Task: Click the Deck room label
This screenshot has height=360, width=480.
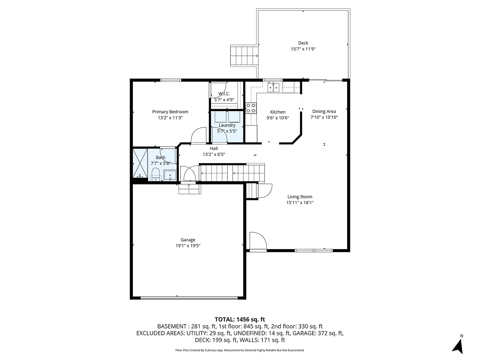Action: (x=303, y=43)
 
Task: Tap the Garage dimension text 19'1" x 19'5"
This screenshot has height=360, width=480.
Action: (x=188, y=246)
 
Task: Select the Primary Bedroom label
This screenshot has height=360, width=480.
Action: (x=170, y=112)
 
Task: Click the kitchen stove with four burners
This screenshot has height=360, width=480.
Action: (x=251, y=108)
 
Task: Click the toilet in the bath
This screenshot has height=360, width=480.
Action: (x=155, y=174)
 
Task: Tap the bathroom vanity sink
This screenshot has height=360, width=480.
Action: (x=170, y=175)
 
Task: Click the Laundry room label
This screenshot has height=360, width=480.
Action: (x=227, y=125)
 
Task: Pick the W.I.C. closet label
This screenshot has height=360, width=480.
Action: (x=224, y=94)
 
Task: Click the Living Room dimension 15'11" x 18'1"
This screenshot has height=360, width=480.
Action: (x=300, y=202)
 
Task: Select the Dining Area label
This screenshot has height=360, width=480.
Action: (x=324, y=112)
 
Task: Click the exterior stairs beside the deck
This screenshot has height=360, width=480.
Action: (x=244, y=56)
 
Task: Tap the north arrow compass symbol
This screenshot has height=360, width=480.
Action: (x=458, y=345)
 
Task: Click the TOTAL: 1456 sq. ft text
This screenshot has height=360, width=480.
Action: (x=240, y=319)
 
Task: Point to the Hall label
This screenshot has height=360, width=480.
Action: (x=214, y=148)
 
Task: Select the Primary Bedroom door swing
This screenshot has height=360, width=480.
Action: (x=199, y=136)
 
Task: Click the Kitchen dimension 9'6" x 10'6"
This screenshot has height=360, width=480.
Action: (x=278, y=118)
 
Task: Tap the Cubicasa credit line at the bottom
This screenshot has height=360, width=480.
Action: (x=240, y=350)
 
